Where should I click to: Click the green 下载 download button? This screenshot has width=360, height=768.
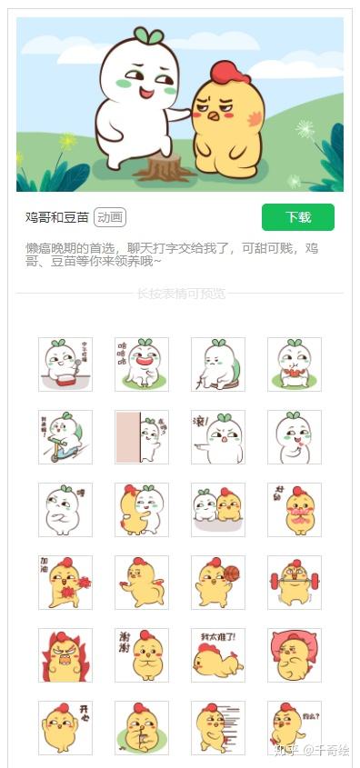pos(297,217)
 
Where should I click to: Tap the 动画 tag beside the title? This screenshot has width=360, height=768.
pos(110,217)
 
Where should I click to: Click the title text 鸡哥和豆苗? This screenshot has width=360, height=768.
pos(57,217)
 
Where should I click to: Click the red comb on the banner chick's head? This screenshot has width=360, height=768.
pos(229,72)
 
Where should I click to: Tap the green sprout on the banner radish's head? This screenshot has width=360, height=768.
pos(148,35)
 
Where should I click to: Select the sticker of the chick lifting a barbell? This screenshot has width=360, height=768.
pos(294,583)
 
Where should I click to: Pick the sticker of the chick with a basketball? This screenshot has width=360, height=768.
pos(218,583)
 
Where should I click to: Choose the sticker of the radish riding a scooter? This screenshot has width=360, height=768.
pos(65,437)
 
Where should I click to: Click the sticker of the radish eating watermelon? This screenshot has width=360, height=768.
pos(294,364)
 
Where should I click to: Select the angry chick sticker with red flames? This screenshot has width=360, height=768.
pos(65,655)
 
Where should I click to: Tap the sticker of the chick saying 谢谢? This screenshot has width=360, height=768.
pos(142,655)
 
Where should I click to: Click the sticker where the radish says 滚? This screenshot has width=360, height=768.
pos(218,437)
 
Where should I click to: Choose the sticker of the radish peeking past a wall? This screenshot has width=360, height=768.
pos(142,437)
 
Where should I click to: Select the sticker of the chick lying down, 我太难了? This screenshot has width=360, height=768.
pos(218,655)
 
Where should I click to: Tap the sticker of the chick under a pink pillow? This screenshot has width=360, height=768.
pos(294,655)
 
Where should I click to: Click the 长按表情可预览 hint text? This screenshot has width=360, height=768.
pos(180,294)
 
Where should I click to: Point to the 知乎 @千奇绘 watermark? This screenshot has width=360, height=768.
pos(314,751)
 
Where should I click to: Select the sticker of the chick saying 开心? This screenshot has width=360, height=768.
pos(65,727)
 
